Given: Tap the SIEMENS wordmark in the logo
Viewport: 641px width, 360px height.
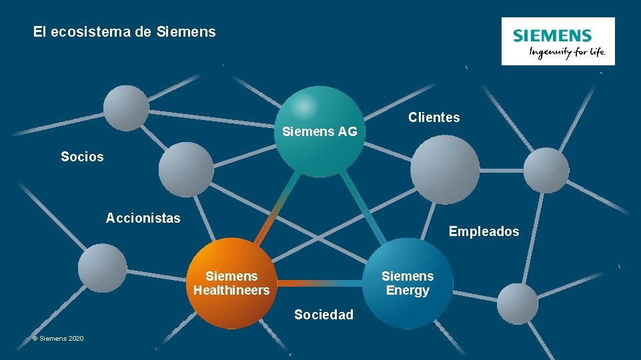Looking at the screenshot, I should [x=552, y=36].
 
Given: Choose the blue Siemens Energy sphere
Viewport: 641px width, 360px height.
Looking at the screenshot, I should [x=408, y=283].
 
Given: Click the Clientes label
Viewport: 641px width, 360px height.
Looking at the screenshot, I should [x=434, y=118].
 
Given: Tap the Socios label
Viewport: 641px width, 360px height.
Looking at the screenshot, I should [x=82, y=157].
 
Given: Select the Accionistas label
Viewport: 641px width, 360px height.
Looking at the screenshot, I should [x=143, y=218].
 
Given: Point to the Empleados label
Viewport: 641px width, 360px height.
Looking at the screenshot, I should [x=484, y=231].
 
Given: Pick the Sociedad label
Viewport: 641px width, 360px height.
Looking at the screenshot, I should [x=324, y=315].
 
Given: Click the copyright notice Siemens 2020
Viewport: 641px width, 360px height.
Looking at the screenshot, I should [x=58, y=339].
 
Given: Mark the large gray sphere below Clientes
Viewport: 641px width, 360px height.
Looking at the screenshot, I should [x=444, y=170].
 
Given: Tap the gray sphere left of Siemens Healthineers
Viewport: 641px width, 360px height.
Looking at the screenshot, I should [x=102, y=268].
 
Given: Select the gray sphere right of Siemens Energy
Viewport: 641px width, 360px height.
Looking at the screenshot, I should [x=518, y=303].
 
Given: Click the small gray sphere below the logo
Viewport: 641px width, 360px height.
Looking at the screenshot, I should [x=546, y=170].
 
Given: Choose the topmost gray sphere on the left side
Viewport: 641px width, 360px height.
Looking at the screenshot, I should [x=126, y=108].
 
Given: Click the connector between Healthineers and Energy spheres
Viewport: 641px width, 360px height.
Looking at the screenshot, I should [x=320, y=283].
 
